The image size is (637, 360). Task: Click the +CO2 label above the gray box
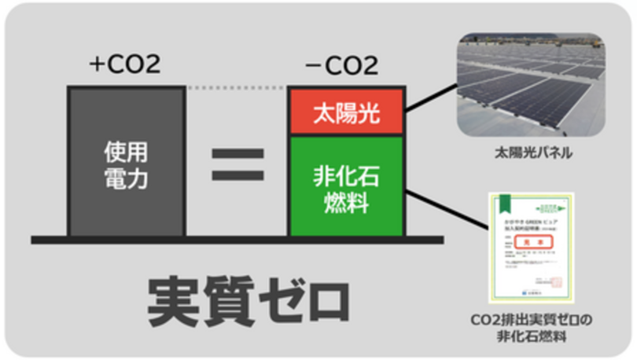125,64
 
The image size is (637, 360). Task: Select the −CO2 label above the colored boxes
346,64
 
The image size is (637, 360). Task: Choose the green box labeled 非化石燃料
347,186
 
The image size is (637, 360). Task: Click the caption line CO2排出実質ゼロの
532,321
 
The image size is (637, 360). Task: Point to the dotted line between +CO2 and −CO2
237,87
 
